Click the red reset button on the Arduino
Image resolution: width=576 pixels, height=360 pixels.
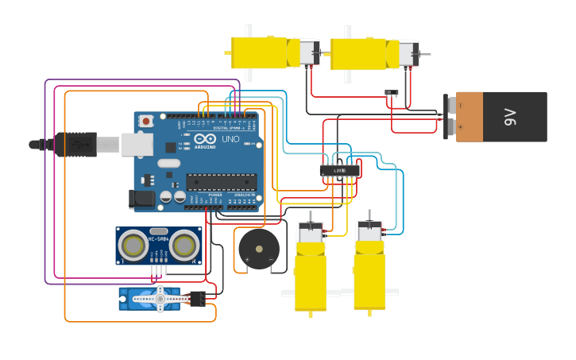tap(145, 121)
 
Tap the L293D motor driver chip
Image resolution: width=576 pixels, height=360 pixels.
tap(340, 170)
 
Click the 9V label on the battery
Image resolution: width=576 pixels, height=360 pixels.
tap(510, 117)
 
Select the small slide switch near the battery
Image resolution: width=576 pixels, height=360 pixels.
tap(392, 94)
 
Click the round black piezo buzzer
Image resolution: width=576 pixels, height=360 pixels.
tap(259, 249)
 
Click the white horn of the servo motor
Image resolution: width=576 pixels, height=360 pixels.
tap(159, 298)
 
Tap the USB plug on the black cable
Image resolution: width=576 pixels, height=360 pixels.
tap(77, 145)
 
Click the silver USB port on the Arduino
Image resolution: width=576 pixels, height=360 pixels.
tap(137, 144)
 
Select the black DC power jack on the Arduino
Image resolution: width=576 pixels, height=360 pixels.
tap(141, 199)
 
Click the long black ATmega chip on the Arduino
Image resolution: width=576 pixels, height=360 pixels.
tap(221, 182)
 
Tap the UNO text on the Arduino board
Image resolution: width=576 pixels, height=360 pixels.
tap(230, 139)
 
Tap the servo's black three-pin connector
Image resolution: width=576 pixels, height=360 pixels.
tap(197, 298)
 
